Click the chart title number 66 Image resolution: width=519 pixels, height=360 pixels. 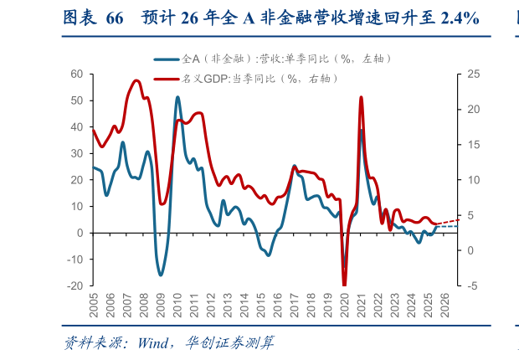(116, 18)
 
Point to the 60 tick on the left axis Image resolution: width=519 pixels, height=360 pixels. (76, 74)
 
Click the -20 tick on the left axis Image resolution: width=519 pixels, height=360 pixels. (75, 285)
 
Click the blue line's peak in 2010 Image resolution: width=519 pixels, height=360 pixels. (177, 97)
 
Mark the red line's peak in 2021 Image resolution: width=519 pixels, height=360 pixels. (361, 97)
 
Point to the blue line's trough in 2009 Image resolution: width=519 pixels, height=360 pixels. (161, 275)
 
